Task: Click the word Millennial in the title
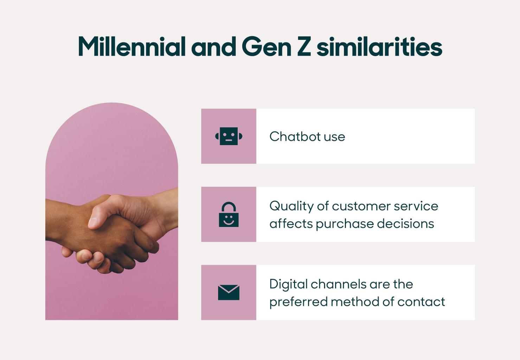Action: click(x=131, y=47)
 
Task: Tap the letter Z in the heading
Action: click(x=304, y=47)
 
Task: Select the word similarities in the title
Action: click(x=379, y=47)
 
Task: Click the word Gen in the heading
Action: click(x=267, y=47)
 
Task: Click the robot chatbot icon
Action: click(x=229, y=136)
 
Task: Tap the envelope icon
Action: click(x=229, y=292)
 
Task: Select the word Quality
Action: click(x=291, y=206)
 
